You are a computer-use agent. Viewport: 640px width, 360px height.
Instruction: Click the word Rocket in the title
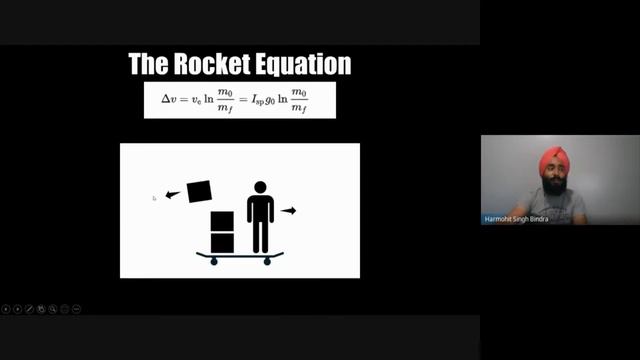204,65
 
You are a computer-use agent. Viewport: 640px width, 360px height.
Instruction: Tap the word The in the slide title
146,65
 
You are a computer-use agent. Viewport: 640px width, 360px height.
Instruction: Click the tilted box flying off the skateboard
200,190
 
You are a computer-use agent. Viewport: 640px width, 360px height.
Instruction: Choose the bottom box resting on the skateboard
222,242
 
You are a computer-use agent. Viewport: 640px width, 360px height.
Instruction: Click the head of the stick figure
260,187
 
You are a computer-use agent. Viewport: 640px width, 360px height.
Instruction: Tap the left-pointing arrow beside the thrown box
172,195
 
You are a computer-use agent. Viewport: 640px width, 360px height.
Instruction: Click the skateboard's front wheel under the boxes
214,262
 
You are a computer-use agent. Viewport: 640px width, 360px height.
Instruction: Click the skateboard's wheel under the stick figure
267,262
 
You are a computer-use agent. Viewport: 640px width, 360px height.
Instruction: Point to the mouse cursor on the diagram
154,199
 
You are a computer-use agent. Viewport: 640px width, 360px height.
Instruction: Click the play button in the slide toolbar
18,310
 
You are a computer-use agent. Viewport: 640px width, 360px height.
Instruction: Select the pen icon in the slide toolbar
29,310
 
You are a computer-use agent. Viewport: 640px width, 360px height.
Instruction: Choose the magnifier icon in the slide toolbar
53,310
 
